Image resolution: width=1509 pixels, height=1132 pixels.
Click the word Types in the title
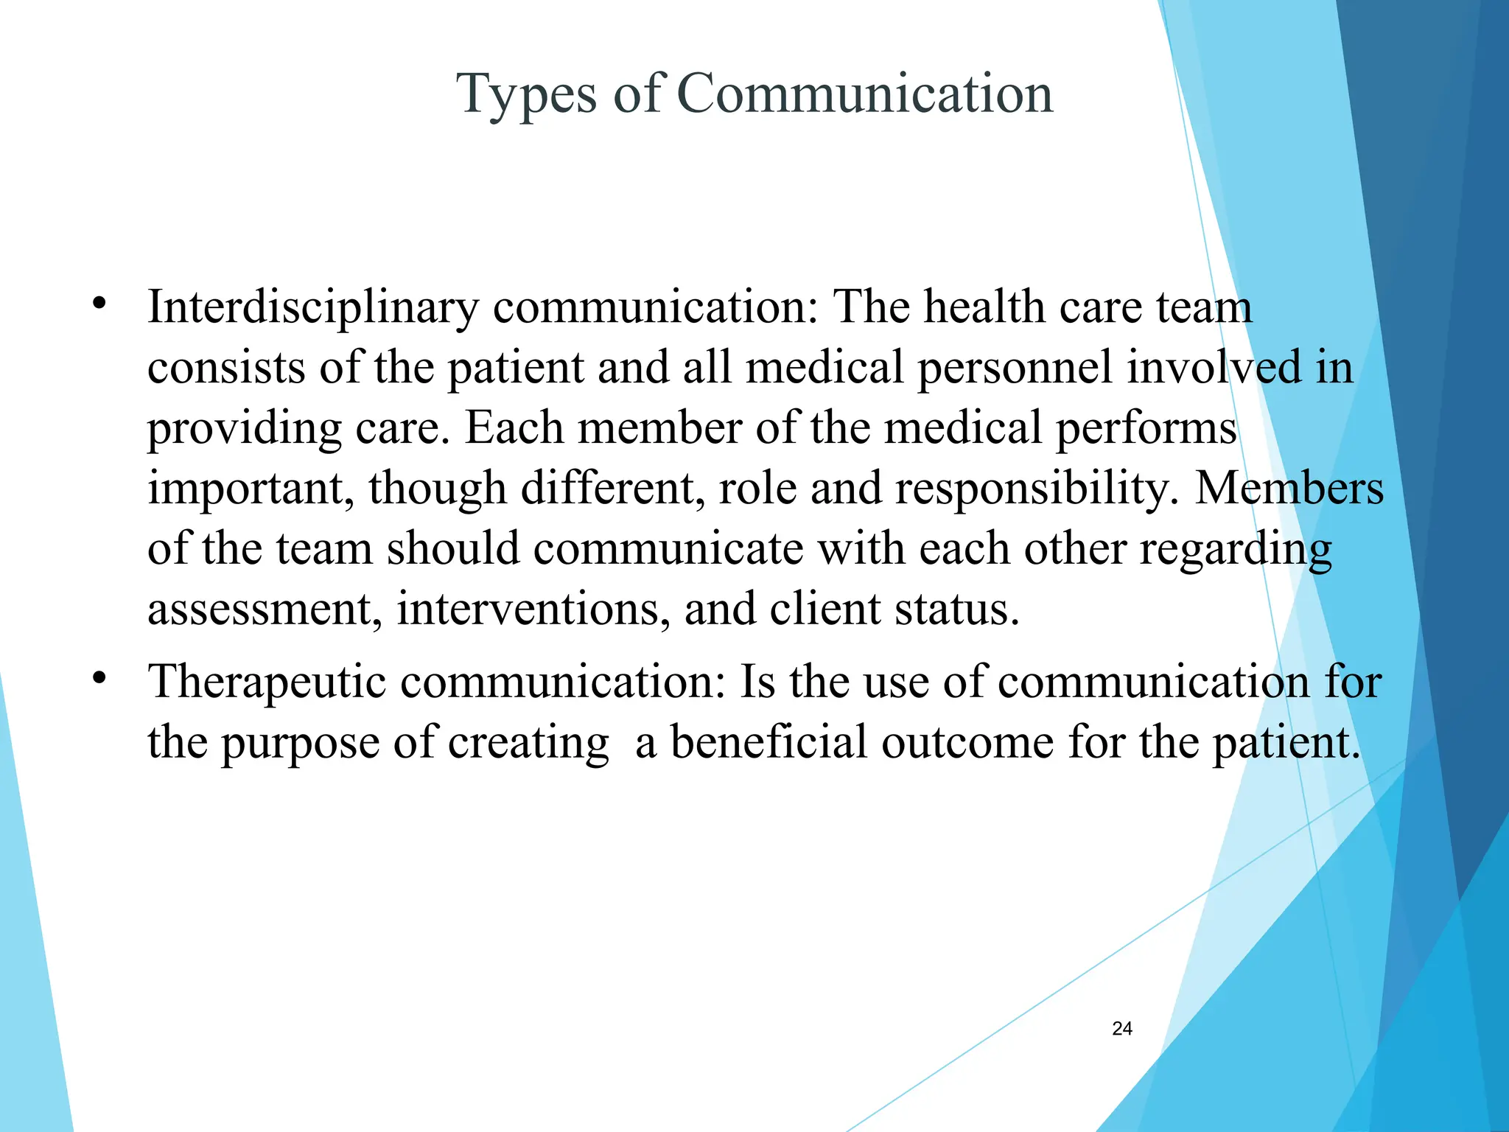click(526, 95)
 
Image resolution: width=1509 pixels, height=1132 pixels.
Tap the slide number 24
click(1121, 1029)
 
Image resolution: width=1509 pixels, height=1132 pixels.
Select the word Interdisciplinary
click(313, 307)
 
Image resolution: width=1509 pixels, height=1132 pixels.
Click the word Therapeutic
click(267, 682)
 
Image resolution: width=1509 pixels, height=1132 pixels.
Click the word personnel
click(1014, 367)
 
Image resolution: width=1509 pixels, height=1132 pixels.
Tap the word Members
click(1289, 488)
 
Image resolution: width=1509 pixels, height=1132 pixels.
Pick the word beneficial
click(768, 742)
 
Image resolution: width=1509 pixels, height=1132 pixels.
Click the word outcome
click(967, 742)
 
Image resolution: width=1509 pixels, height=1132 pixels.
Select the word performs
click(1146, 429)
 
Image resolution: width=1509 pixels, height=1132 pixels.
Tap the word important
click(251, 489)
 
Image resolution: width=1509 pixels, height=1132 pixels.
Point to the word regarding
click(1236, 550)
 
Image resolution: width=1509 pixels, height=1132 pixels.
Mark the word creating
click(528, 744)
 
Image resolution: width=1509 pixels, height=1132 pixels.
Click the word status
click(956, 609)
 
